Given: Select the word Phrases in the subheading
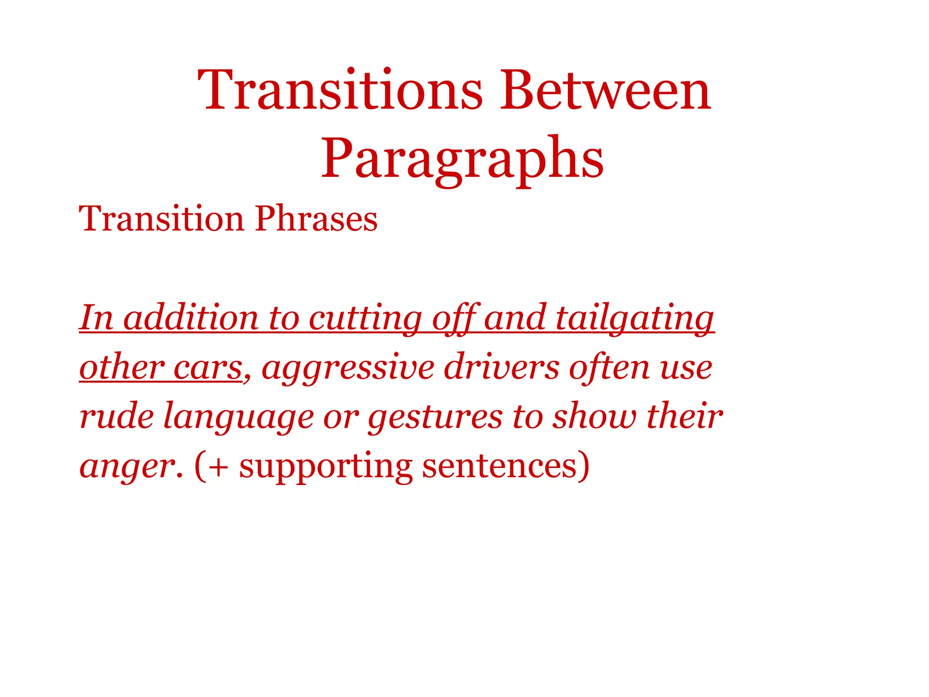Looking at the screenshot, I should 316,219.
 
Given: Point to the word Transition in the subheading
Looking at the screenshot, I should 161,219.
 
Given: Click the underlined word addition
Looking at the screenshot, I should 191,318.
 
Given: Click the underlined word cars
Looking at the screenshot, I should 208,368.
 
